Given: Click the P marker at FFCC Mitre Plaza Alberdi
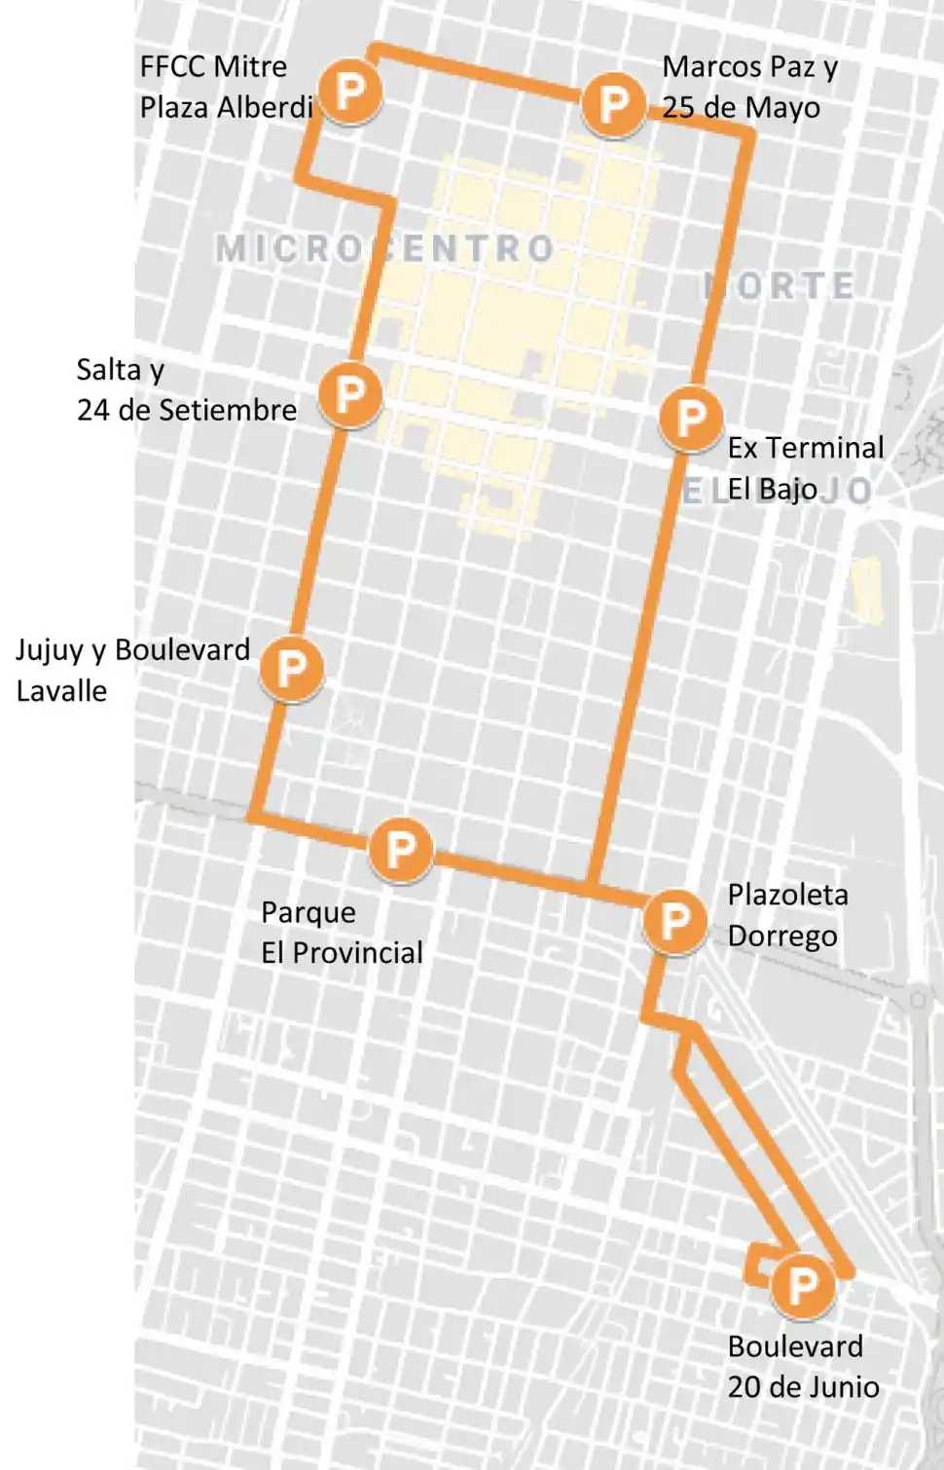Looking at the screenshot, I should pos(349,92).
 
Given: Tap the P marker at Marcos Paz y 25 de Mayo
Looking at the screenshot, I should pos(613,103).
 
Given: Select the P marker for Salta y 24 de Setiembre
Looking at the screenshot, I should pos(349,394).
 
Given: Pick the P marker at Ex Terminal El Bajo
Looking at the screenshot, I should pos(690,419).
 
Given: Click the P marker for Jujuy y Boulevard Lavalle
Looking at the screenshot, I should pos(291,669).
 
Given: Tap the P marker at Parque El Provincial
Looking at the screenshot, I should pos(400,850).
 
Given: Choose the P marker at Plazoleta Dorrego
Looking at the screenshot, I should pos(674,921).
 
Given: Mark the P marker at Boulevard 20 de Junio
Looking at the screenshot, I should pos(802,1286).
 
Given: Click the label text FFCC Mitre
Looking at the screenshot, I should pos(213,67).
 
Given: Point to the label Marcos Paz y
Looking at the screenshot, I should pos(749,67).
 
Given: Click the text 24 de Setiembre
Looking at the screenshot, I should pos(187,410).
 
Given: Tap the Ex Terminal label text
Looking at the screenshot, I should pos(806,448).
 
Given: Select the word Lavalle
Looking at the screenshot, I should pos(61,691).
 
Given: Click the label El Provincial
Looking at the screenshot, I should pos(342,953).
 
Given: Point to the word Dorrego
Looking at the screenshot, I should pos(782,937).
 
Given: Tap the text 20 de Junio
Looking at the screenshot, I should pos(803,1387).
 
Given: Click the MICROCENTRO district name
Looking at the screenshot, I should pos(384,249).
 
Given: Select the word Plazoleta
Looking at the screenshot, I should pos(787,895).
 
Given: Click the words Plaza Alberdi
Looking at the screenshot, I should pos(226,107).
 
